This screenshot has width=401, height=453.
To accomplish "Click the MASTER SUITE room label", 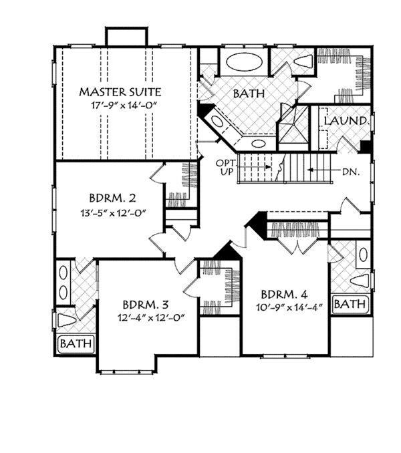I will tap(120, 91).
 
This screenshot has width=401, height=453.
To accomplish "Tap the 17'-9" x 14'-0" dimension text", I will tap(120, 106).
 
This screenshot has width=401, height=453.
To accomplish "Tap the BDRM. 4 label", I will tap(284, 294).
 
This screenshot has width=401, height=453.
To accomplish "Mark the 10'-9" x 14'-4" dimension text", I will tap(284, 308).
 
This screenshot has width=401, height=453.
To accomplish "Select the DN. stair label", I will tap(350, 171).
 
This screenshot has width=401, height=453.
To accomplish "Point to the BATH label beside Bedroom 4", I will tap(350, 304).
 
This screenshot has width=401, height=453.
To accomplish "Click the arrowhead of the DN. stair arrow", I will tap(309, 171).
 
